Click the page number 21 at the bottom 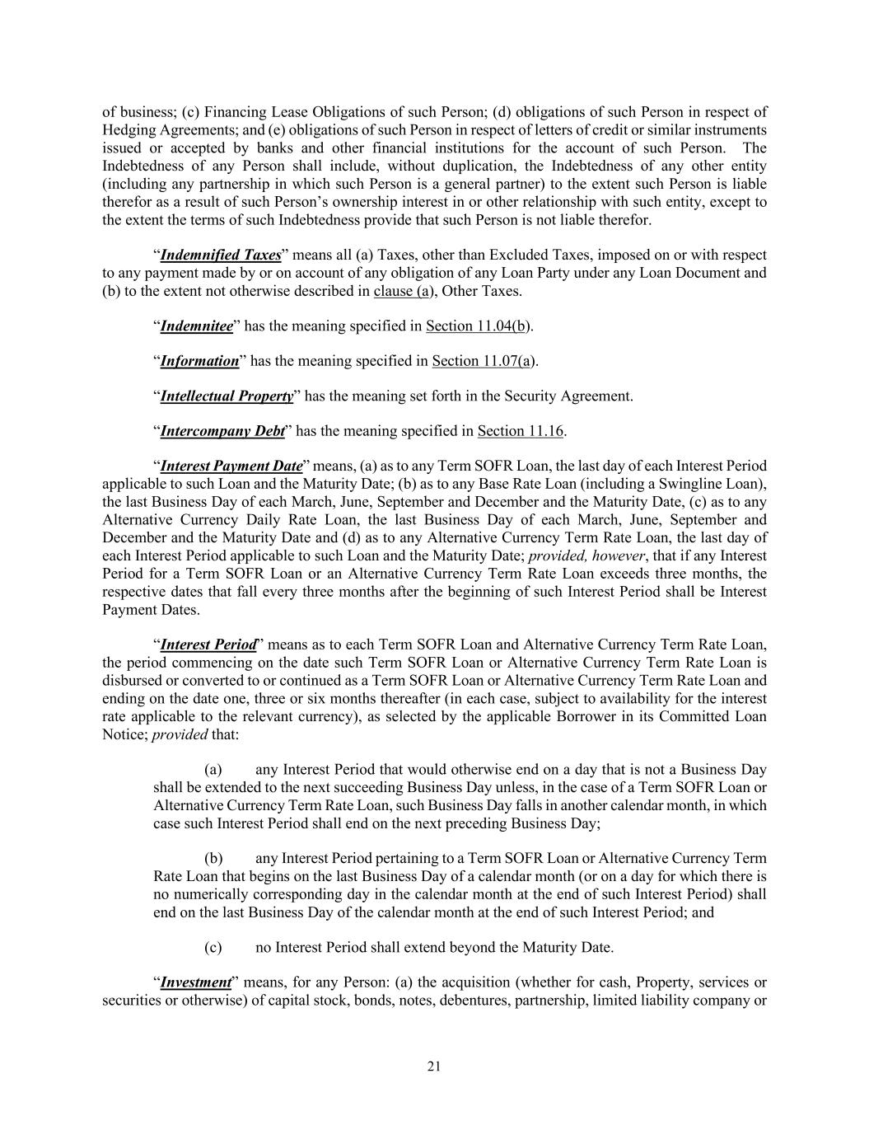tap(434, 1066)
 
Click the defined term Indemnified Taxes tap(221, 255)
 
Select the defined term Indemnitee tap(196, 326)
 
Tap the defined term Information tap(199, 361)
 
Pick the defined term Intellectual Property tap(227, 396)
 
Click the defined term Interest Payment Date tap(231, 466)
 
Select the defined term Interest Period tap(208, 645)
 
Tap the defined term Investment tap(195, 982)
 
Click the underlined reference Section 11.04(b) tap(478, 326)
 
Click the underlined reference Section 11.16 tap(521, 431)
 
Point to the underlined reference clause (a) tap(401, 291)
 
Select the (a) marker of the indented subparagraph tap(213, 770)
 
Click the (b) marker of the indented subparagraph tap(213, 859)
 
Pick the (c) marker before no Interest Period tap(213, 947)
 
